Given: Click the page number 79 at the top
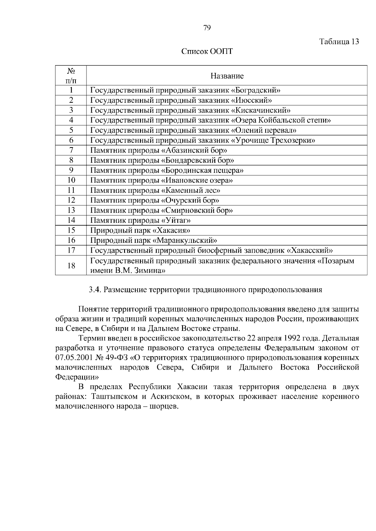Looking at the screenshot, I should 207,28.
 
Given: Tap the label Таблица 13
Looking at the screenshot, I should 339,42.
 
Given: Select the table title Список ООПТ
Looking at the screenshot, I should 207,51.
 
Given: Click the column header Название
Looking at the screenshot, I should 227,76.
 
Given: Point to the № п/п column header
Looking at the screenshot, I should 71,76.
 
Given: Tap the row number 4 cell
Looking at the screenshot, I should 71,120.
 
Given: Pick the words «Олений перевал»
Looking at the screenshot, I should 264,130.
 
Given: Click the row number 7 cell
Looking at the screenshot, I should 71,150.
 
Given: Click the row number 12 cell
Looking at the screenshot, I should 71,200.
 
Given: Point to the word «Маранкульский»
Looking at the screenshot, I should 185,240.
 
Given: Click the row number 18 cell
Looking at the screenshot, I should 71,265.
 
